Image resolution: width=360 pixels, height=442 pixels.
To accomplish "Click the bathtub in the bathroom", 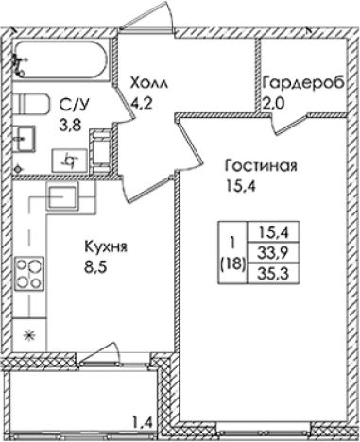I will click(60, 60).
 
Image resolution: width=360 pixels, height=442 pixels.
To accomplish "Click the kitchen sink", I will click(61, 197).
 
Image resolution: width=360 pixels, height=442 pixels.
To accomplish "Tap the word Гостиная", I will click(261, 167).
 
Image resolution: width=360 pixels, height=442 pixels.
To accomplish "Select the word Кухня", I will click(106, 248).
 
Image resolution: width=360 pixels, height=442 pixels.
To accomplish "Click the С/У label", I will click(69, 104).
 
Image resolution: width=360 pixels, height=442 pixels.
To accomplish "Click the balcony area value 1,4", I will click(141, 421).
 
